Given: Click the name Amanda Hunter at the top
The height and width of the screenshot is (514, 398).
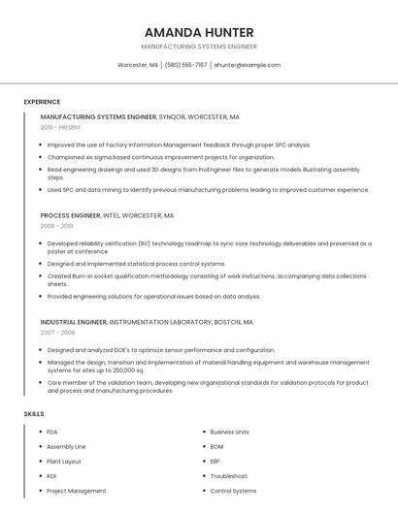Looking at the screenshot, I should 198,32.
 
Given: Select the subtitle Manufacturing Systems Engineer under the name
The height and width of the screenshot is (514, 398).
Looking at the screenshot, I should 198,47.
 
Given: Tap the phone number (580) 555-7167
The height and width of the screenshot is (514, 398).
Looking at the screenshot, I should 185,65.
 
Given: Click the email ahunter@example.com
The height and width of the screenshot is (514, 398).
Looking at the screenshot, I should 247,65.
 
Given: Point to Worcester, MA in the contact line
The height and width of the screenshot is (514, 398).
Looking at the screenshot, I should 137,65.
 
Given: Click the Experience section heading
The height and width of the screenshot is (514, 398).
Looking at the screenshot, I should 42,101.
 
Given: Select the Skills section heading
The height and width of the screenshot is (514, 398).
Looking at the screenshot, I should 34,414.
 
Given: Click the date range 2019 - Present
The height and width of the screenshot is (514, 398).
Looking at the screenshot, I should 61,127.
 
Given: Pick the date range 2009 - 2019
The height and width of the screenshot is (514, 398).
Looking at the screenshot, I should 56,226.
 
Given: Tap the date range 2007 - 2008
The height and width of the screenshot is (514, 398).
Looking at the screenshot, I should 57,332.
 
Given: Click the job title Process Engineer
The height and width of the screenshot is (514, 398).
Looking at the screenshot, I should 70,215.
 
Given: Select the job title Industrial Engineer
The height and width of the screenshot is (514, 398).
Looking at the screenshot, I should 73,321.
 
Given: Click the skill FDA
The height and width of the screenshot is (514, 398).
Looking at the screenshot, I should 52,432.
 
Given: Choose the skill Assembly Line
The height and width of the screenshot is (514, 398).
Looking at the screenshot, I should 66,446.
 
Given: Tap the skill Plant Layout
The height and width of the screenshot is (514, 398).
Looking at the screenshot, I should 64,462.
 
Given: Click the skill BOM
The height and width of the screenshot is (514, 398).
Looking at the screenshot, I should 216,446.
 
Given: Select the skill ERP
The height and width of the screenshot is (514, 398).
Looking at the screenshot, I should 216,462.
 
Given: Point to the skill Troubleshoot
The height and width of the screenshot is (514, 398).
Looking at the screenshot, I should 229,476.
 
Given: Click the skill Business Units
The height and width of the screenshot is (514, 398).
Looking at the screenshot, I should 229,432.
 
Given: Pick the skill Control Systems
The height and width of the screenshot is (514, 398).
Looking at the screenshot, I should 233,491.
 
